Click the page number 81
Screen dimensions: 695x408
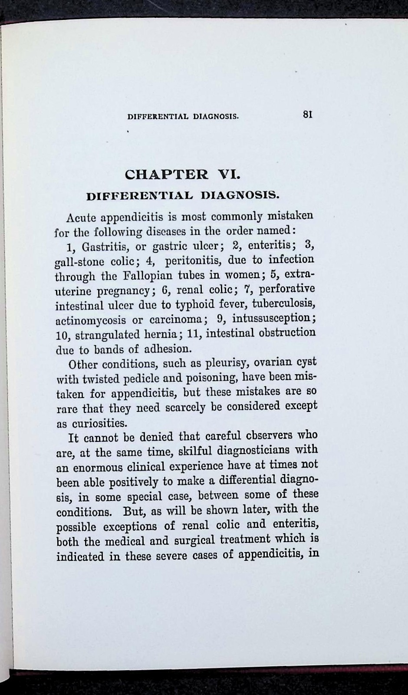308,115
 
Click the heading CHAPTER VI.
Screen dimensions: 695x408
182,175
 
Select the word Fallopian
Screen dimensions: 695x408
139,275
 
